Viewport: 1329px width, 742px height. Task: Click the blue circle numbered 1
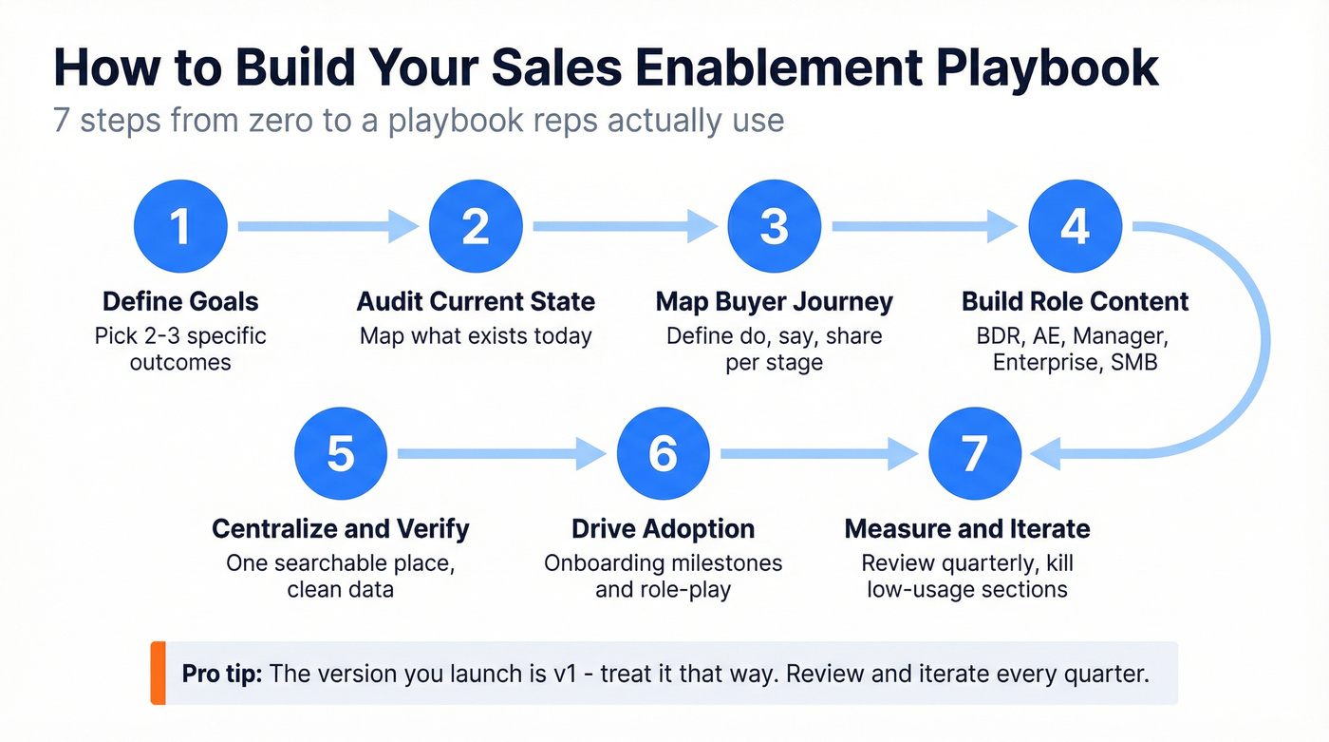(x=180, y=227)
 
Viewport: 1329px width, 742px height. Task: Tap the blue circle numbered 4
(x=1075, y=227)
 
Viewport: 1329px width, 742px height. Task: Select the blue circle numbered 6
(x=663, y=455)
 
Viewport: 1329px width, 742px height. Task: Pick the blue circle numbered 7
(x=974, y=455)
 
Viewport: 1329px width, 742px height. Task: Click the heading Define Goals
(x=180, y=302)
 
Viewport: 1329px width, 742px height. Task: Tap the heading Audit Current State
(x=476, y=302)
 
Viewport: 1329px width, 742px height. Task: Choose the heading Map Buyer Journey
(x=775, y=302)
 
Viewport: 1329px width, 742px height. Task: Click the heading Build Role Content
(x=1076, y=302)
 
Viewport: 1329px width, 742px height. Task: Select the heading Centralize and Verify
(x=340, y=529)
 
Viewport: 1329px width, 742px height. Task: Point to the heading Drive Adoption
(x=663, y=529)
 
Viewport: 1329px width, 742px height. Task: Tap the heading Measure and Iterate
(x=967, y=529)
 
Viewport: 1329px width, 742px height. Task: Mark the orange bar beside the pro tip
(x=158, y=674)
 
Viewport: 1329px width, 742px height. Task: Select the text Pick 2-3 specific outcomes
(x=180, y=349)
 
